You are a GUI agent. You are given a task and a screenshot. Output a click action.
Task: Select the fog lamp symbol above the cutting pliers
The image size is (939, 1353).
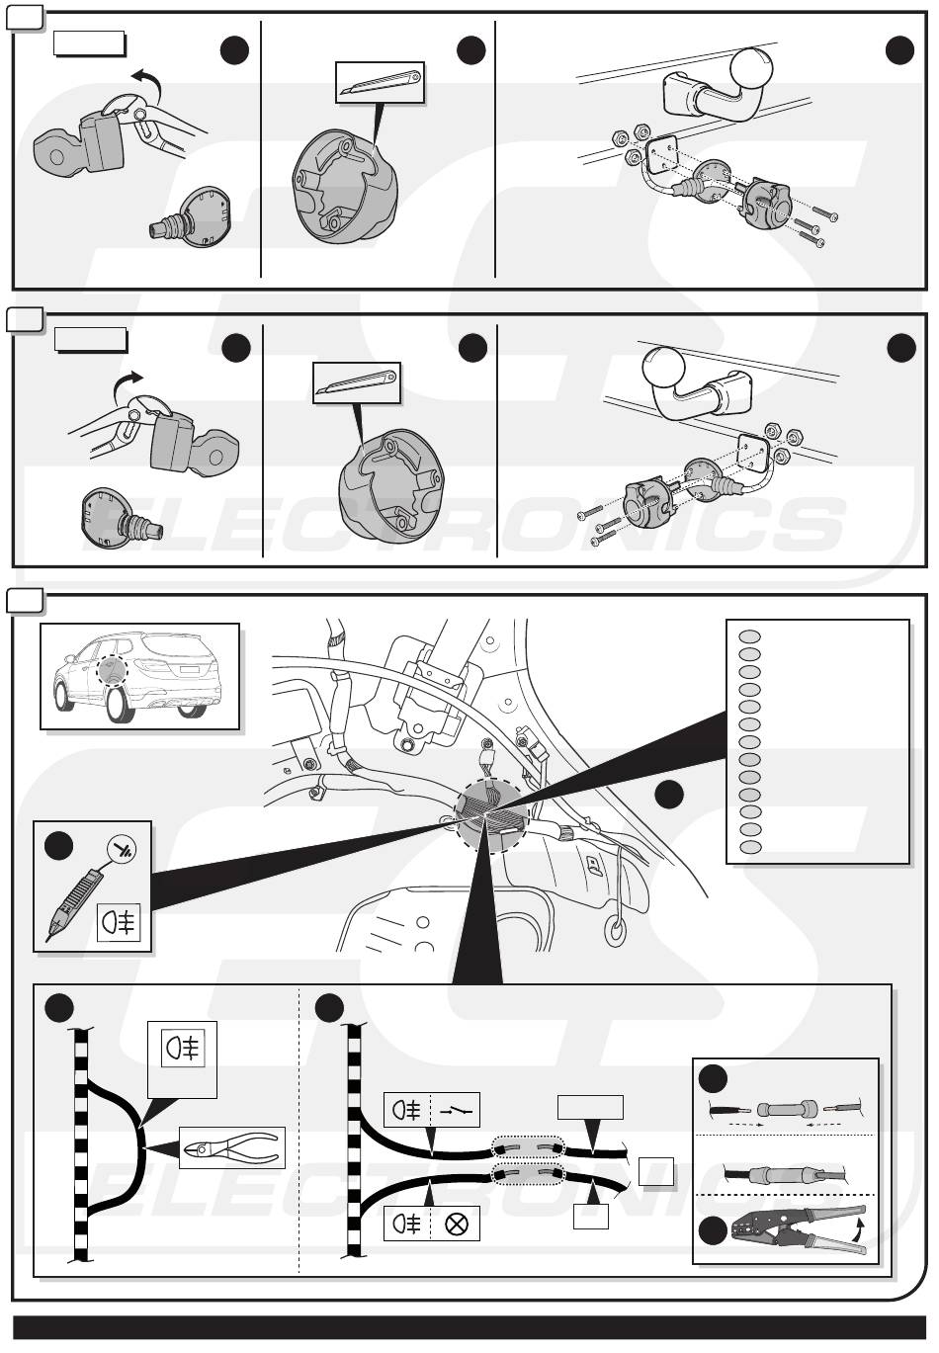[182, 1048]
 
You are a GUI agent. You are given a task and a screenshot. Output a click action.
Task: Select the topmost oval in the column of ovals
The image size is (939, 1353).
[750, 636]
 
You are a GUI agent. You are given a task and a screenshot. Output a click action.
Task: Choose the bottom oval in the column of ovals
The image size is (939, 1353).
[750, 847]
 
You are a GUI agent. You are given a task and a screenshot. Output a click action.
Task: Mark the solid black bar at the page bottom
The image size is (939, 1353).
[469, 1327]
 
